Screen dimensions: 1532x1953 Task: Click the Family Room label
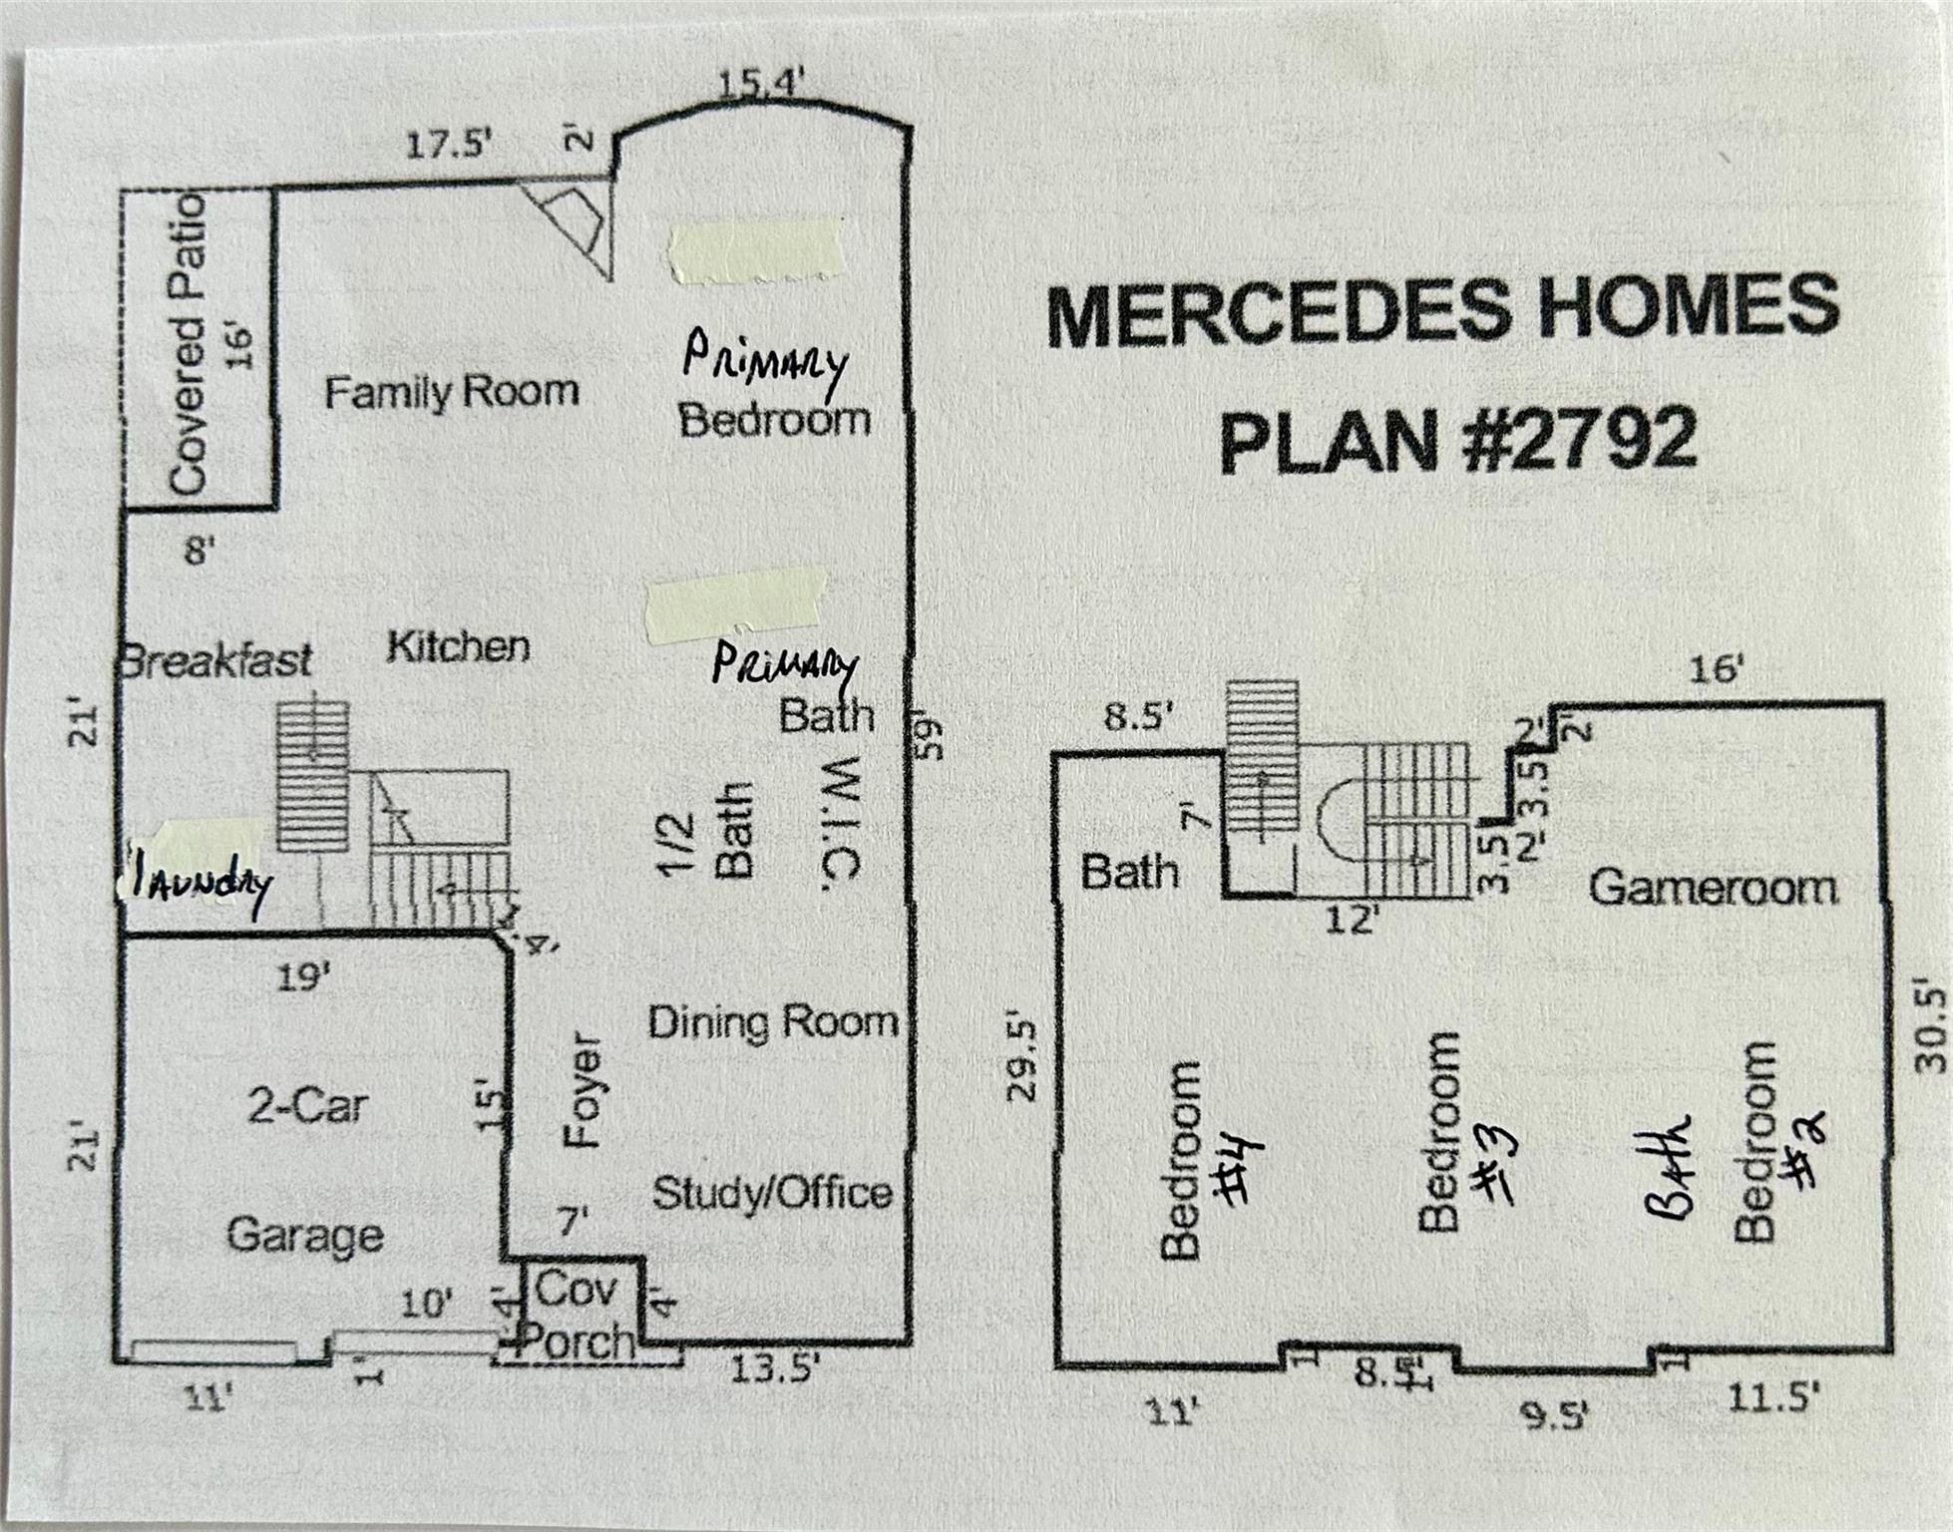pos(451,391)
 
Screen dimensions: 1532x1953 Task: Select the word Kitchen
pos(458,646)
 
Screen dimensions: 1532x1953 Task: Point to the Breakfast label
pos(215,660)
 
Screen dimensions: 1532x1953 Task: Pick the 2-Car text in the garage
pos(307,1105)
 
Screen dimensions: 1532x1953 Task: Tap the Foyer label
pos(584,1090)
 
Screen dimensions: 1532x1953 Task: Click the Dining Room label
pos(773,1022)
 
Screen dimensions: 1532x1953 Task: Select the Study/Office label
pos(772,1193)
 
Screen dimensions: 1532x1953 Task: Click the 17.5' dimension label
pos(450,146)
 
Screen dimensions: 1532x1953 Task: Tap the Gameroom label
pos(1713,887)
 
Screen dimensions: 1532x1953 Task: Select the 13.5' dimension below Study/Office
pos(775,1368)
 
